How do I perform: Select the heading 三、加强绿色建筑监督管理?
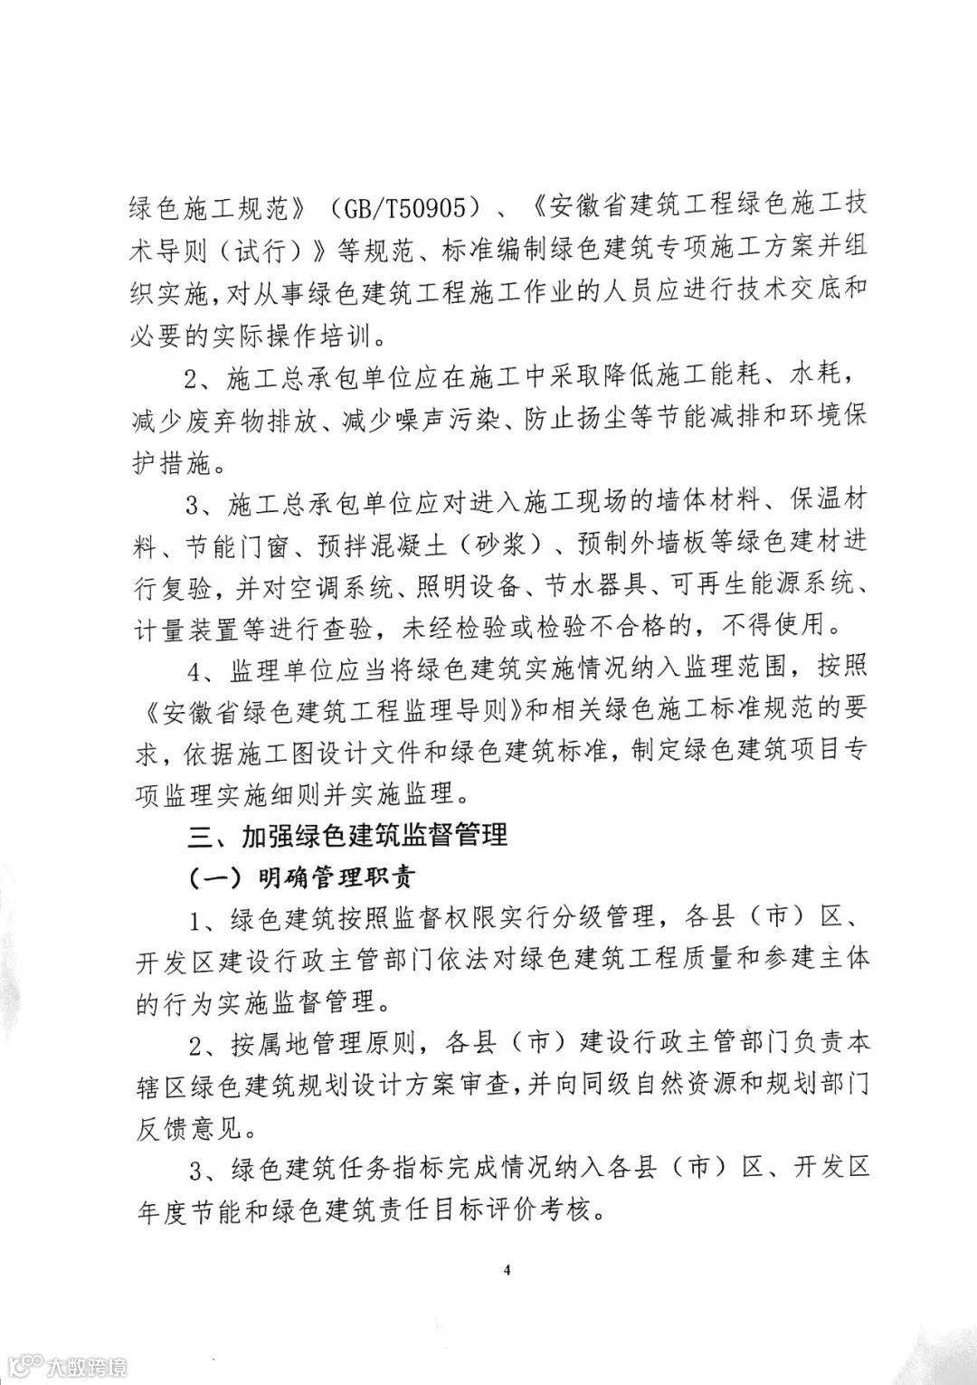(x=347, y=835)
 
